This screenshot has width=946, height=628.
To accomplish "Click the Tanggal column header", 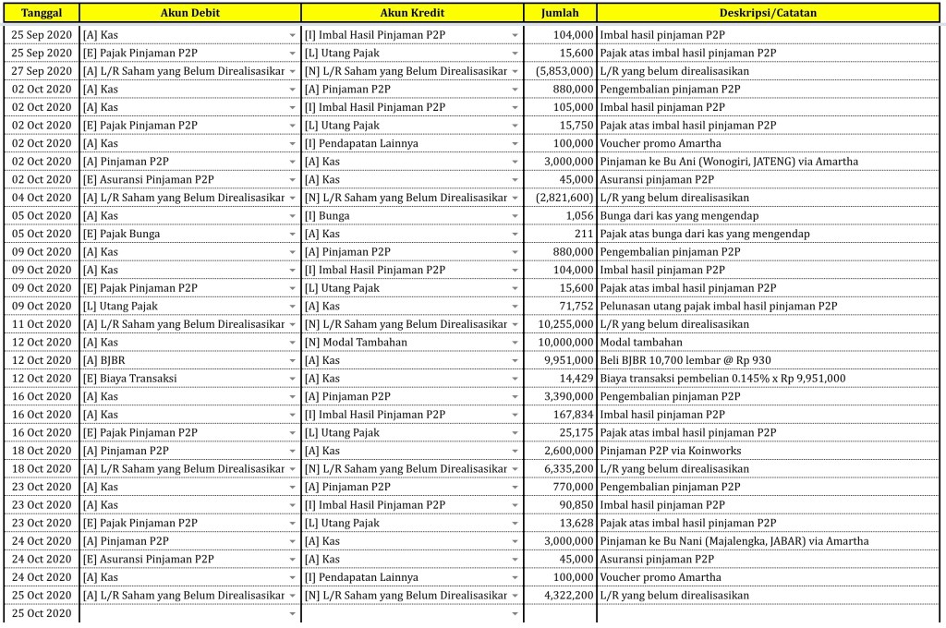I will point(41,13).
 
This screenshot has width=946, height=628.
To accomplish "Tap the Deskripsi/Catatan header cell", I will point(767,13).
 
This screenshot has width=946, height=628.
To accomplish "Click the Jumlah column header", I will point(560,13).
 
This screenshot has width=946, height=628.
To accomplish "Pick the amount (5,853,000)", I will point(564,71).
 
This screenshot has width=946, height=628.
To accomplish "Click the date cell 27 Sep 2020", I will point(41,71).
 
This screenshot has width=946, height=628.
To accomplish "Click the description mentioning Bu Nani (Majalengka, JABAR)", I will point(734,541).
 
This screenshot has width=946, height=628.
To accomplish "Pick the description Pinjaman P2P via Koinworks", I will point(670,451).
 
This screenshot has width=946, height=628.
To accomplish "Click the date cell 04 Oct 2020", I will point(41,198).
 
